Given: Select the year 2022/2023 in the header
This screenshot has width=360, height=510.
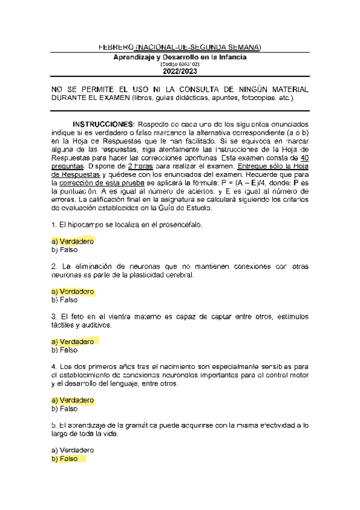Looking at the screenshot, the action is pyautogui.click(x=180, y=72).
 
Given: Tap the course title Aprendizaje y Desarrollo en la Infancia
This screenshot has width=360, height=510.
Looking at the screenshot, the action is pyautogui.click(x=180, y=57).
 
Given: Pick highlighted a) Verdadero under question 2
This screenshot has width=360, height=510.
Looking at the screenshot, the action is pyautogui.click(x=73, y=292).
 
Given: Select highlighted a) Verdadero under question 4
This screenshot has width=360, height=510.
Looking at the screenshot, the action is pyautogui.click(x=73, y=400).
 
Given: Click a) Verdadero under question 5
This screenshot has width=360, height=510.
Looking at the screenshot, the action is pyautogui.click(x=73, y=450).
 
